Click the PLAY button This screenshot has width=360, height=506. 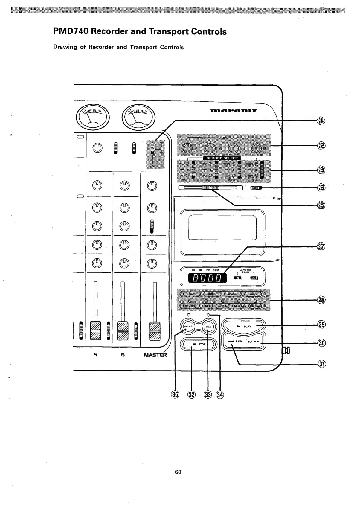pyautogui.click(x=244, y=326)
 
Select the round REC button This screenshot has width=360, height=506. pyautogui.click(x=208, y=327)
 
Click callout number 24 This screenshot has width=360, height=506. pyautogui.click(x=321, y=121)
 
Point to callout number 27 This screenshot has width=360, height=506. pyautogui.click(x=321, y=246)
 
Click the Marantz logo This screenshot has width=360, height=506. pyautogui.click(x=234, y=111)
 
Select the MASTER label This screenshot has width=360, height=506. pyautogui.click(x=155, y=355)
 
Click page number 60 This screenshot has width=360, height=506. pyautogui.click(x=178, y=472)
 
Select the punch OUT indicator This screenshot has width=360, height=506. pyautogui.click(x=254, y=278)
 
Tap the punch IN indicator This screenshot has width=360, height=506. pyautogui.click(x=238, y=278)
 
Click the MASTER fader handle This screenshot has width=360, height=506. pyautogui.click(x=155, y=330)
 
